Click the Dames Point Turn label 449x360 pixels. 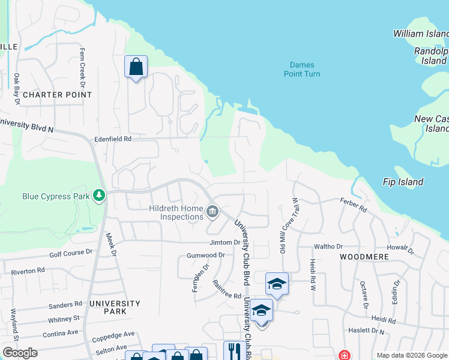point(302,69)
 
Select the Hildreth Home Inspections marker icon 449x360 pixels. point(212,211)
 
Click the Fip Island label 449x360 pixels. point(403,182)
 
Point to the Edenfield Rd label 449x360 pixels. point(112,139)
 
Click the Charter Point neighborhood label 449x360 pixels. point(57,95)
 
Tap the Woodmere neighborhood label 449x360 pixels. point(364,256)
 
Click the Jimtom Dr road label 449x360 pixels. point(224,243)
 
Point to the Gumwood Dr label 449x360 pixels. point(205,255)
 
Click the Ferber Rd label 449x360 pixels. point(353,205)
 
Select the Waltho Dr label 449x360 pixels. point(328,246)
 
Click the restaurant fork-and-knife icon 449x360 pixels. point(232,350)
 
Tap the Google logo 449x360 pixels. point(20,353)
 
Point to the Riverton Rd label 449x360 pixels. point(28,271)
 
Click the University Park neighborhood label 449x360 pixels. point(115,307)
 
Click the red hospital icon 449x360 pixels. point(344,355)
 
